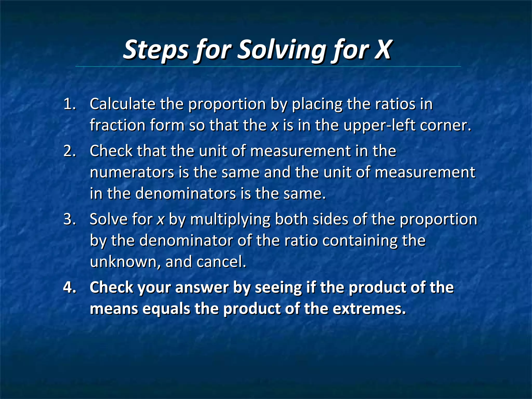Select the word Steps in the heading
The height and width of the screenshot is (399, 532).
click(156, 49)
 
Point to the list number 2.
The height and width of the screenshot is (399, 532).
click(70, 151)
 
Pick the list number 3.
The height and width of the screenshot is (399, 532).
click(70, 219)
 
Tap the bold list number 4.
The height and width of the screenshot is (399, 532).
click(70, 288)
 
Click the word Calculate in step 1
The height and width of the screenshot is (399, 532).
click(122, 104)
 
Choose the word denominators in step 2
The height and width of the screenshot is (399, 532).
click(186, 194)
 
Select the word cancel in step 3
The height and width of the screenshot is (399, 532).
click(221, 262)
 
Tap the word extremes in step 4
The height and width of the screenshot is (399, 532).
click(369, 309)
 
